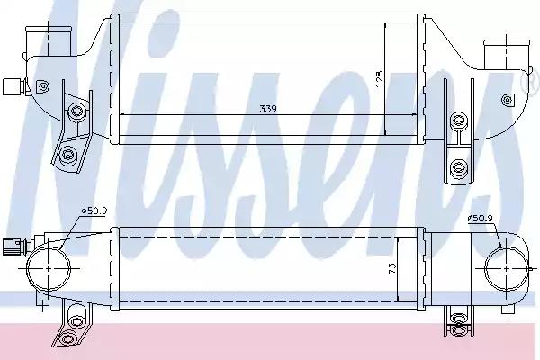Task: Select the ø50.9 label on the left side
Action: tap(94, 211)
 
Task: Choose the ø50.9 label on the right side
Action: tap(481, 217)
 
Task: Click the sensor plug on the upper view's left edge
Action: tap(13, 87)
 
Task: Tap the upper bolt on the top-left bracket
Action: tap(76, 112)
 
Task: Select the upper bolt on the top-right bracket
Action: tap(461, 121)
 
